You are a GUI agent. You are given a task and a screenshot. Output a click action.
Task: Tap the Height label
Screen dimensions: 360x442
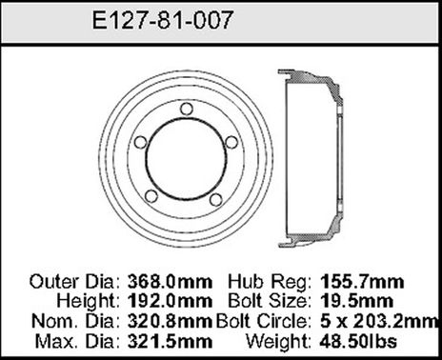[79, 300]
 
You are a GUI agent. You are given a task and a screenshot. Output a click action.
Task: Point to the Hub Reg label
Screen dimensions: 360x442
[265, 283]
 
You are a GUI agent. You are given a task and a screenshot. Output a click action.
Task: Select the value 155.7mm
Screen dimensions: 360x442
[363, 283]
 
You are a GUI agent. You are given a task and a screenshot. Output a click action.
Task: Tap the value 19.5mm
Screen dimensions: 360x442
[358, 300]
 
